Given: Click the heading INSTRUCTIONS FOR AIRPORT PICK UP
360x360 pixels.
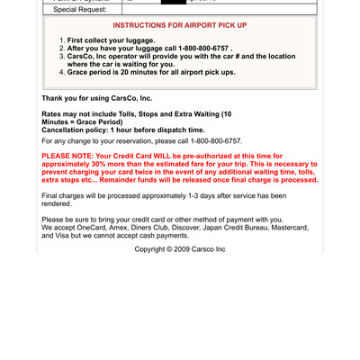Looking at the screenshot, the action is (179, 25).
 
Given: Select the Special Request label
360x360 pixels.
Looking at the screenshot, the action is (79, 9).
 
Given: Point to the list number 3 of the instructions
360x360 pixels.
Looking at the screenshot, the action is (62, 57).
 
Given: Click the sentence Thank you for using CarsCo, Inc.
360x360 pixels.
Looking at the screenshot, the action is (97, 97).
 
